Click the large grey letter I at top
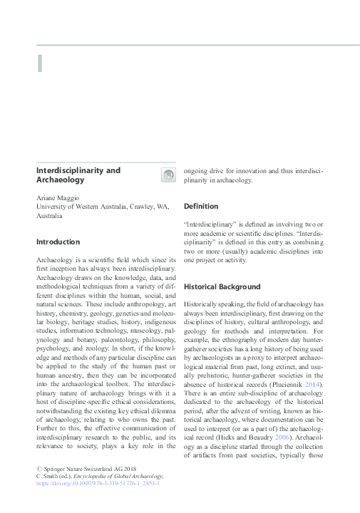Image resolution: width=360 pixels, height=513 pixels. pos(40,63)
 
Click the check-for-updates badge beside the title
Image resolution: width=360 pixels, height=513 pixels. pos(169,175)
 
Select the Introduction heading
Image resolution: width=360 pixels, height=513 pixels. pos(59,242)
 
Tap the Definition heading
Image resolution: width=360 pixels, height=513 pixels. pos(201,206)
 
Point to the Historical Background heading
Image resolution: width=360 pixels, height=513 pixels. pos(222,286)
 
